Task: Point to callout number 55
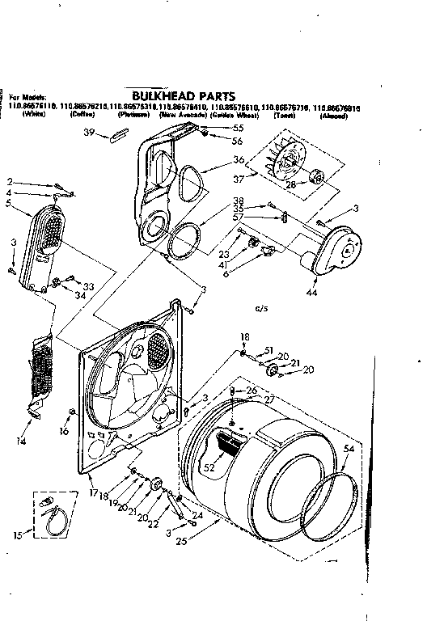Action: tap(238, 128)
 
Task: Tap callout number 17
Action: tap(93, 493)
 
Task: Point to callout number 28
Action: tap(291, 184)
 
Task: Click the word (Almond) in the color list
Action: tap(333, 116)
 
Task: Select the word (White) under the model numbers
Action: tap(33, 116)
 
